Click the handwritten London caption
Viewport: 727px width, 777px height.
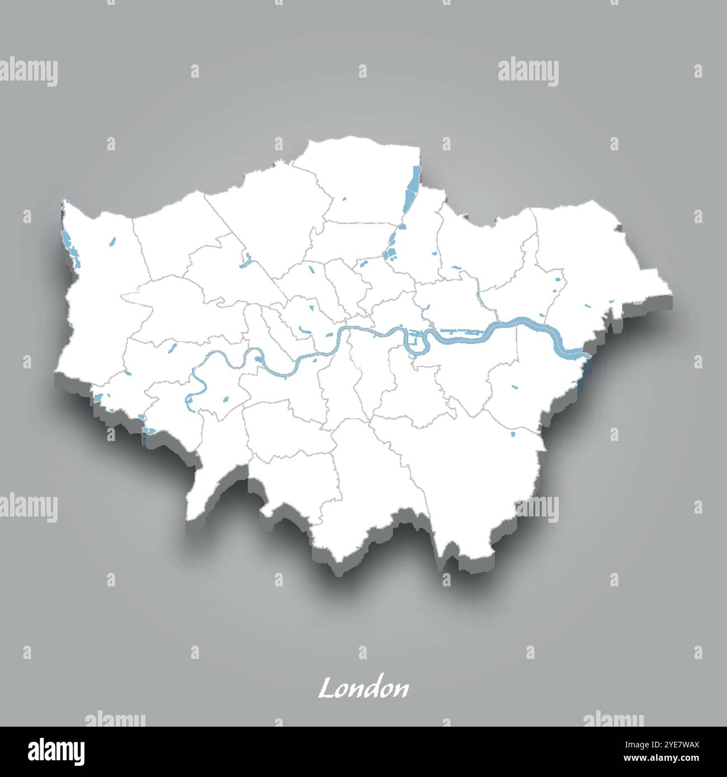coord(363,689)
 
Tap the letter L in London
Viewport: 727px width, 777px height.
coord(326,689)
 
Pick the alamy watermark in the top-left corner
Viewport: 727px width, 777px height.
coord(29,73)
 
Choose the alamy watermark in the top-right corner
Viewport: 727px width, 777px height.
coord(528,73)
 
